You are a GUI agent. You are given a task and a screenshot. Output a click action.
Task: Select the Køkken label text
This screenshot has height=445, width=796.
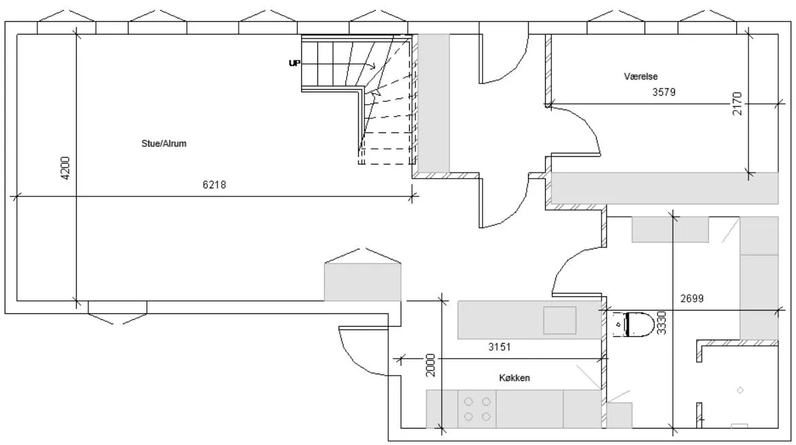(x=514, y=378)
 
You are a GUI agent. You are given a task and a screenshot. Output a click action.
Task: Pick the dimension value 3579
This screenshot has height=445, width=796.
(x=663, y=93)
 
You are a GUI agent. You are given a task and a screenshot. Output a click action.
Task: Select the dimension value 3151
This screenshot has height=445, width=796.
(x=500, y=346)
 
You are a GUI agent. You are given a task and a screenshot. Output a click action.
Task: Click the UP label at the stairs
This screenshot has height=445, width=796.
(x=294, y=63)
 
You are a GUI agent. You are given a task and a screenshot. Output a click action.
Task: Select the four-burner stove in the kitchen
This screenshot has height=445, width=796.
(x=477, y=408)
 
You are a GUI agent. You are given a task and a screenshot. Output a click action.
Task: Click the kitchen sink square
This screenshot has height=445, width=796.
(x=559, y=320)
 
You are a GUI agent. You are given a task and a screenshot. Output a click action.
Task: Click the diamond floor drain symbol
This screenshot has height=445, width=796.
(x=740, y=390)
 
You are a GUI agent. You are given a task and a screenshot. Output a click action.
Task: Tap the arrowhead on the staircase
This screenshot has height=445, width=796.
(x=373, y=66)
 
